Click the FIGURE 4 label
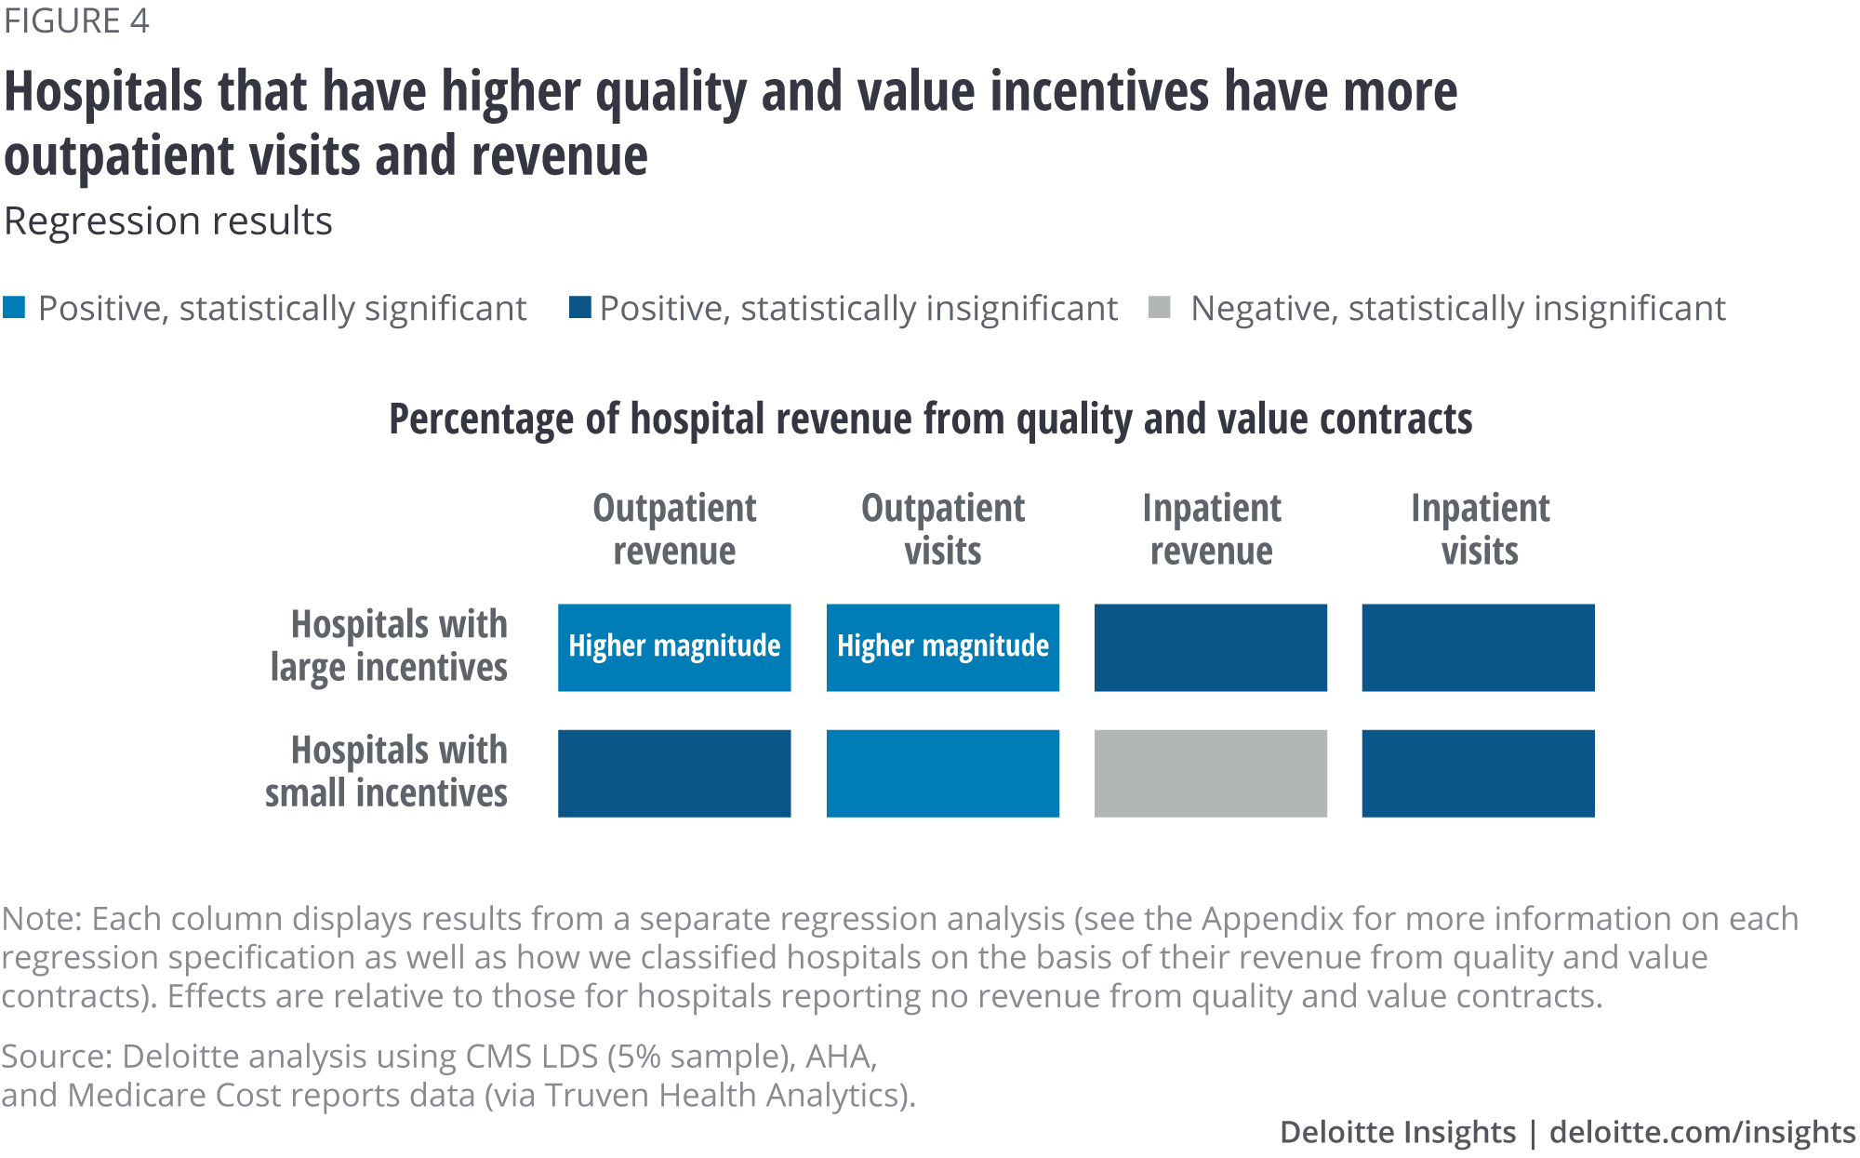tap(76, 20)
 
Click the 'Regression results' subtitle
tap(168, 221)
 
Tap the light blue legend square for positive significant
tap(14, 307)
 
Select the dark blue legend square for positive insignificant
tap(580, 307)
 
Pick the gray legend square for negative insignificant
tap(1159, 307)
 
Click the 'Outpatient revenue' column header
tap(674, 529)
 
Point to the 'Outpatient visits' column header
tap(942, 529)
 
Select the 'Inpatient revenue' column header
tap(1211, 529)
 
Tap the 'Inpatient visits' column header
tap(1479, 529)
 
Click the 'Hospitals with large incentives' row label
tap(389, 646)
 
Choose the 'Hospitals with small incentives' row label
tap(387, 771)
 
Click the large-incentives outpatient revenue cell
tap(674, 647)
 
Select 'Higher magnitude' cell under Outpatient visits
tap(942, 647)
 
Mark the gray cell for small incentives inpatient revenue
tap(1210, 773)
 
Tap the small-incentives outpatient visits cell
tap(942, 773)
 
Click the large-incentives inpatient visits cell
tap(1478, 647)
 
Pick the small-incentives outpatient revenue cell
tap(674, 773)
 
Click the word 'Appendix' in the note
tap(1272, 919)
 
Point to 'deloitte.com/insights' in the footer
tap(1702, 1132)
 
